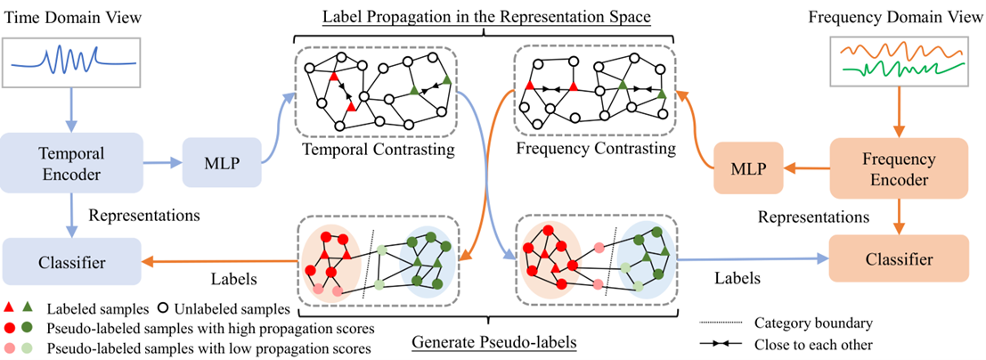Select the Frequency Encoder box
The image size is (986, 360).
pos(899,166)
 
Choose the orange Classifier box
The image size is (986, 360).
pos(899,259)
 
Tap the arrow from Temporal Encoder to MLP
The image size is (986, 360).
pos(159,163)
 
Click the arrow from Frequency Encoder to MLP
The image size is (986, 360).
pos(803,166)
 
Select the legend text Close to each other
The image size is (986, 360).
pos(811,344)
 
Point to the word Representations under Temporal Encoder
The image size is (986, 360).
pos(134,215)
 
